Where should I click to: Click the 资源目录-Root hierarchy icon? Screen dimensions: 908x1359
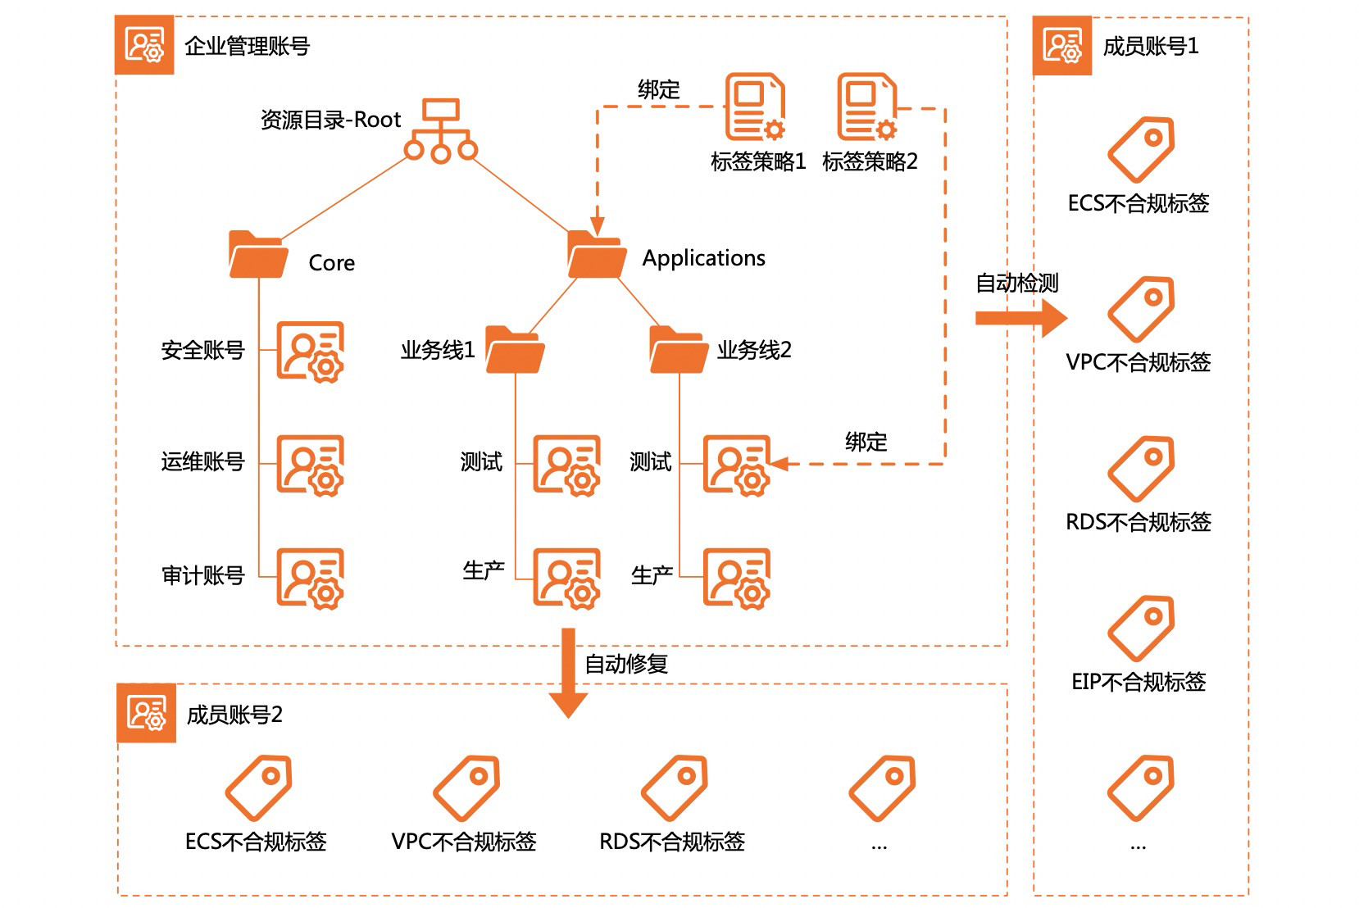point(441,130)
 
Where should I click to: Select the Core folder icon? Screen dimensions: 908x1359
point(258,254)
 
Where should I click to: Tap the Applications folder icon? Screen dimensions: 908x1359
point(597,254)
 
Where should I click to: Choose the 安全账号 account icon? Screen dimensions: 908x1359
point(310,352)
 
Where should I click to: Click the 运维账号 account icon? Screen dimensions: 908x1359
point(310,465)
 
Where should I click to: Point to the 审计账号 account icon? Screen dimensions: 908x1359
point(310,578)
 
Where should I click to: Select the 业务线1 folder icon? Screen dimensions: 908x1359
point(515,350)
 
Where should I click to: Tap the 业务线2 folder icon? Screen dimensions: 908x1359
point(679,350)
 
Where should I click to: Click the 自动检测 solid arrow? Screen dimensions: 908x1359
point(1020,318)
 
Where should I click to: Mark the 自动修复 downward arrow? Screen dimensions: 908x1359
point(568,672)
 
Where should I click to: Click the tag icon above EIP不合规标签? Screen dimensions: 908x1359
point(1141,629)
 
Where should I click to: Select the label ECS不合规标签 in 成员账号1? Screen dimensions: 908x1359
point(1139,203)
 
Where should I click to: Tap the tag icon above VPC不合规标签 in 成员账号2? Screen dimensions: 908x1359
point(466,788)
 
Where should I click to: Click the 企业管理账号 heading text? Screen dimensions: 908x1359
point(248,46)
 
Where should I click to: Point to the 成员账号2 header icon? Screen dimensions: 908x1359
point(147,713)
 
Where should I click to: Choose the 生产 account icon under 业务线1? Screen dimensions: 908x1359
point(566,578)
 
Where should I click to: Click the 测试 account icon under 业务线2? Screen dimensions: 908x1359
point(737,465)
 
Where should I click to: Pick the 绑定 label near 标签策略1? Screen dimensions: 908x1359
point(659,89)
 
